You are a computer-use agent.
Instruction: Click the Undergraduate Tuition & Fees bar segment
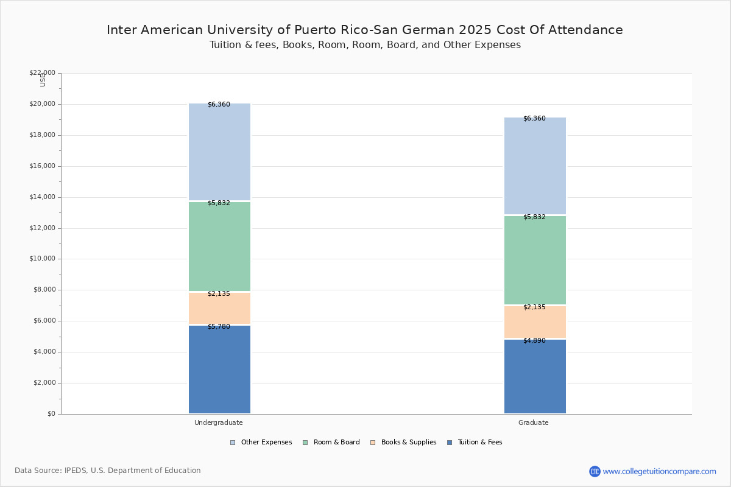coord(220,370)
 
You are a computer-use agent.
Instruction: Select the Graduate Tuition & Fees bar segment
coord(535,376)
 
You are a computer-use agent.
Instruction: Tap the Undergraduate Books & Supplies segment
coord(220,308)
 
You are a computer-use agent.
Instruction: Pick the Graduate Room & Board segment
coord(535,260)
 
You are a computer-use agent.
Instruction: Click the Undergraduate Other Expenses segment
coord(220,152)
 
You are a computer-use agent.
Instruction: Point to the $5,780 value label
coord(219,326)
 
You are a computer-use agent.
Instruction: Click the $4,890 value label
coord(535,340)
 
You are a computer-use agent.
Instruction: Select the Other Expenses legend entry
coord(261,443)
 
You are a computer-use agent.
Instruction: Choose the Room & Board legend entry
coord(331,443)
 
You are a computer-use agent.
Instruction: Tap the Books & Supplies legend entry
coord(403,443)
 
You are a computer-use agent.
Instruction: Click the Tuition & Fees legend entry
coord(475,443)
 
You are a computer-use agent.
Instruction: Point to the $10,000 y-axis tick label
coord(43,259)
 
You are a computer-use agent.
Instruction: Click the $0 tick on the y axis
coord(52,413)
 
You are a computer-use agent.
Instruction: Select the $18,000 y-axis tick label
coord(43,135)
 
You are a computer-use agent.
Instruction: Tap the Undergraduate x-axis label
coord(219,422)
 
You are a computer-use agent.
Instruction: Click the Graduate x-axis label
coord(534,422)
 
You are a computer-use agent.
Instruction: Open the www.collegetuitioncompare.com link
coord(660,471)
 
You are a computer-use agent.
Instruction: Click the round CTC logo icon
coord(595,471)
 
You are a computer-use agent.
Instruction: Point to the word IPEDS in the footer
coord(76,471)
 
